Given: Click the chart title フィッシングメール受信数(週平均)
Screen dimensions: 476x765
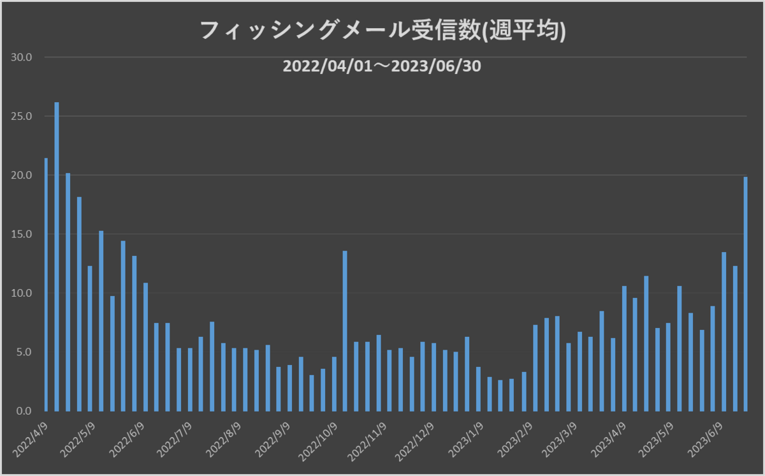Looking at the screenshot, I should tap(382, 31).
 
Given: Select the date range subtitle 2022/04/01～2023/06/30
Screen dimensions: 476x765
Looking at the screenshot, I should tap(382, 66).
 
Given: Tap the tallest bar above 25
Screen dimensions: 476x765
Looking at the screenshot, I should tap(57, 255).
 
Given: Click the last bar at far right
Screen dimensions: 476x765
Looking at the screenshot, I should tap(745, 294).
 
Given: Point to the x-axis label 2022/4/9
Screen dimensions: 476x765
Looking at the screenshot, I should tap(31, 437).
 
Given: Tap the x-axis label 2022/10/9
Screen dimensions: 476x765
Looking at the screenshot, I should tap(321, 438).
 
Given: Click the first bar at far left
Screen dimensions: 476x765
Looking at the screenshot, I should tap(46, 285).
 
